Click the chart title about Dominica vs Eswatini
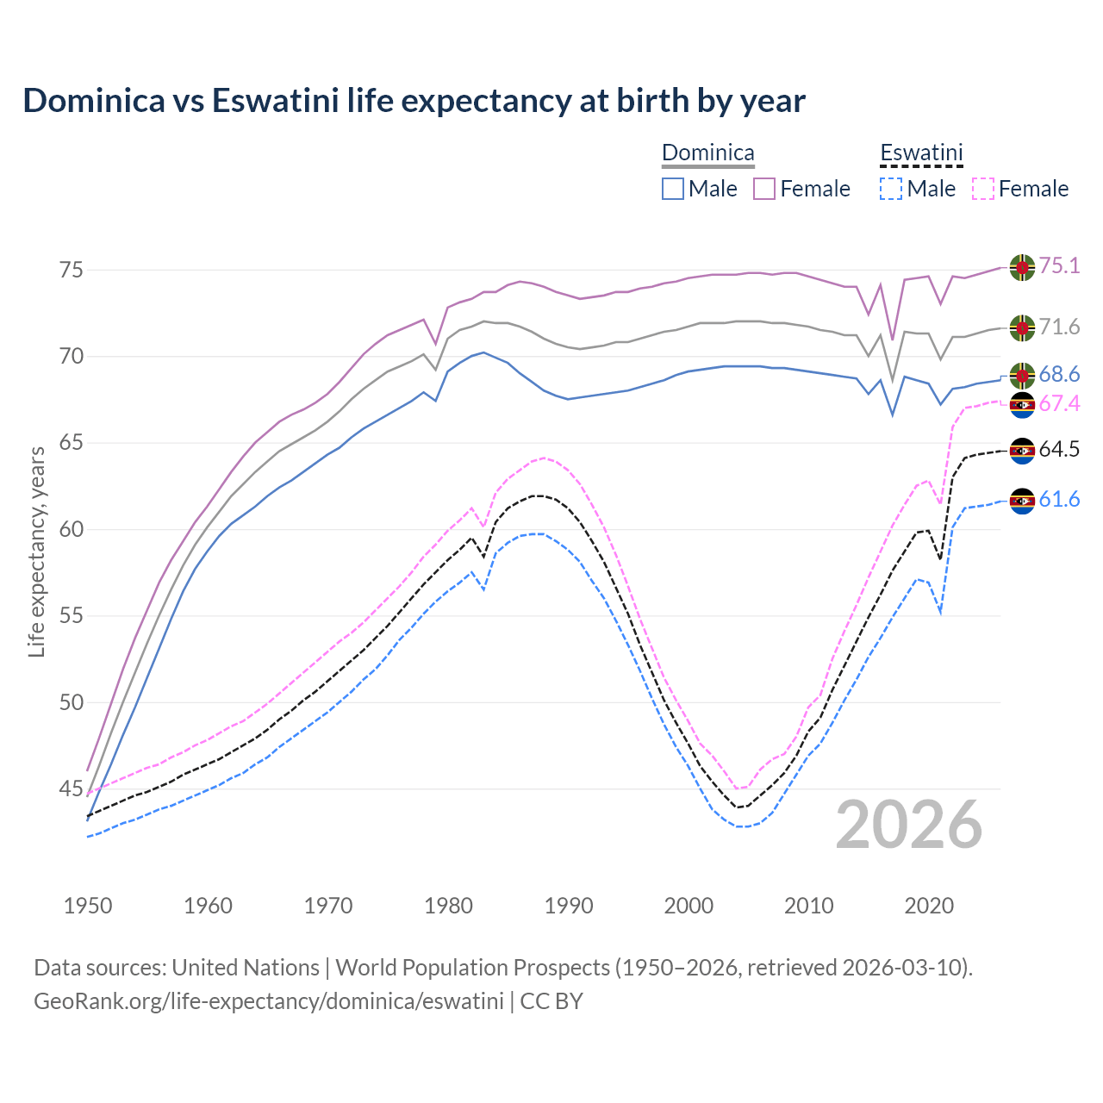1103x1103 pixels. [414, 101]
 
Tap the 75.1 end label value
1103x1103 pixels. [1059, 265]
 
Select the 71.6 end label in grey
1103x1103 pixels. [1059, 327]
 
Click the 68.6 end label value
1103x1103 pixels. [1059, 374]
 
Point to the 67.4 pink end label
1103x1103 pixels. [1059, 404]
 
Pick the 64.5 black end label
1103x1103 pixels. [1059, 449]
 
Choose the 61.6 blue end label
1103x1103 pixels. [1059, 499]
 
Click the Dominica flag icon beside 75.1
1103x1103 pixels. [1022, 267]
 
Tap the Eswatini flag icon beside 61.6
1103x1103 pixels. [1022, 501]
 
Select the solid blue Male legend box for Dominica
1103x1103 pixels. [673, 189]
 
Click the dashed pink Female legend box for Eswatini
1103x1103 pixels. [983, 189]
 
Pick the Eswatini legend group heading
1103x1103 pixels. [921, 153]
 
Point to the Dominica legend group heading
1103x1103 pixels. [707, 153]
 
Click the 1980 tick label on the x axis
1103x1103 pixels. [448, 906]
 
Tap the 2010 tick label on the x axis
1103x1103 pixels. [808, 906]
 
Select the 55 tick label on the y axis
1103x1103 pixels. [72, 616]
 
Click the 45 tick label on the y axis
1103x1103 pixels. [72, 788]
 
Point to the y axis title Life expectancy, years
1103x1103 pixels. [36, 551]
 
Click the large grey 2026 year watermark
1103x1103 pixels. [908, 825]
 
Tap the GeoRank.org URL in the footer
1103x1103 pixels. [269, 1001]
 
